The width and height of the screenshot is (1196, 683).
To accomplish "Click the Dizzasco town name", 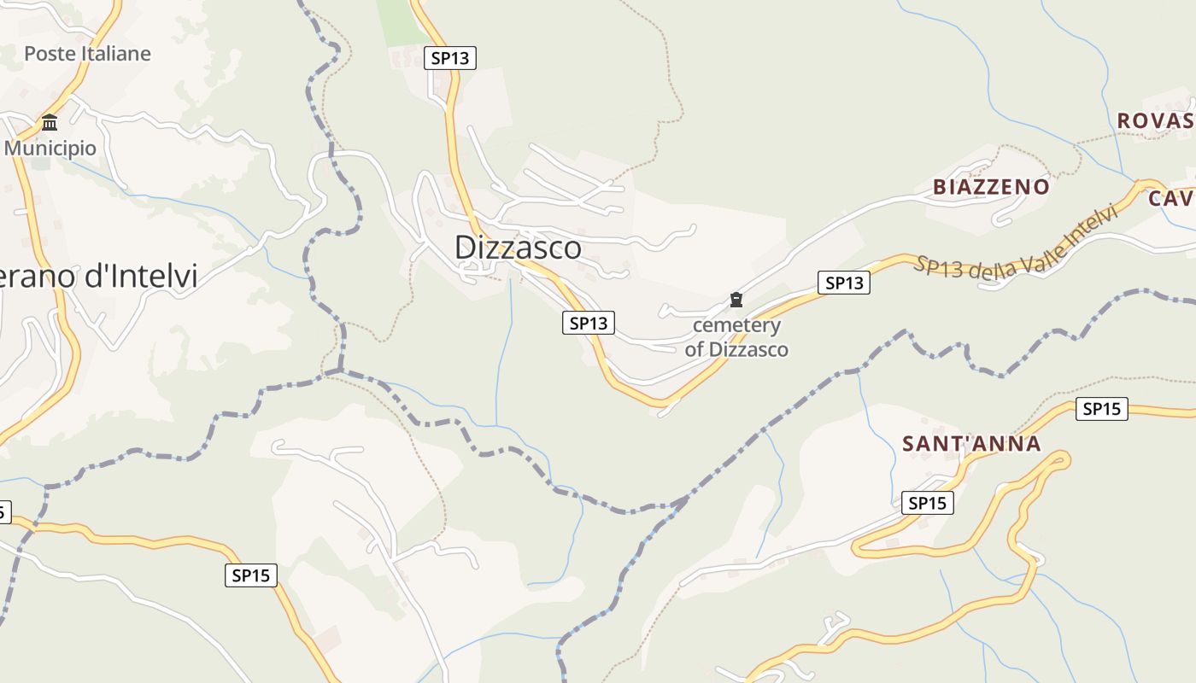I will (x=518, y=248).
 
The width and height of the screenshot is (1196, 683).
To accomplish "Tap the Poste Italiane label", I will (x=87, y=54).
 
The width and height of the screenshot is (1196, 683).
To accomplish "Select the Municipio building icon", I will (x=50, y=122).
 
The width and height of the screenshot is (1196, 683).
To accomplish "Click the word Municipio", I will (x=50, y=149).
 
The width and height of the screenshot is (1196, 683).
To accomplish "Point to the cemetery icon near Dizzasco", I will (x=736, y=300).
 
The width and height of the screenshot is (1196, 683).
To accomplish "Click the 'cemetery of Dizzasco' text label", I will (x=736, y=337).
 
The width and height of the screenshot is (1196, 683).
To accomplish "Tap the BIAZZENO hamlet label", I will (x=991, y=187).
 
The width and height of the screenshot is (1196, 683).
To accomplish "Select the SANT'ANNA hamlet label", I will (x=971, y=444).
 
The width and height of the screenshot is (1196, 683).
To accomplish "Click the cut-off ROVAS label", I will (x=1155, y=121).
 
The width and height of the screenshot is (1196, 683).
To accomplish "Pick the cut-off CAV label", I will (x=1171, y=199).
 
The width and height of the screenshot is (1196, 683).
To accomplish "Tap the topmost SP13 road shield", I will (x=450, y=58).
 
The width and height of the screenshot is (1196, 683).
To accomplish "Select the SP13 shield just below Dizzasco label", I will (x=589, y=323).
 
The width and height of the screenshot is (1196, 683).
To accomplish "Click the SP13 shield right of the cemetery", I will (x=843, y=283).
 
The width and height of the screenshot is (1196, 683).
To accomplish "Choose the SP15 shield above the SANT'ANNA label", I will (x=1101, y=409).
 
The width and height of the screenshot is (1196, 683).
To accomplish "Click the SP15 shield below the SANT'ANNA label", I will (x=927, y=504).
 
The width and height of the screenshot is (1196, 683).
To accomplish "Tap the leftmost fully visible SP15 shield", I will (x=251, y=575).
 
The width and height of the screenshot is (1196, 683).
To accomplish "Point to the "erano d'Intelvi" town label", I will (x=99, y=277).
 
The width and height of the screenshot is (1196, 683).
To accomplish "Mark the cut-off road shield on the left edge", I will (x=3, y=512).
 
